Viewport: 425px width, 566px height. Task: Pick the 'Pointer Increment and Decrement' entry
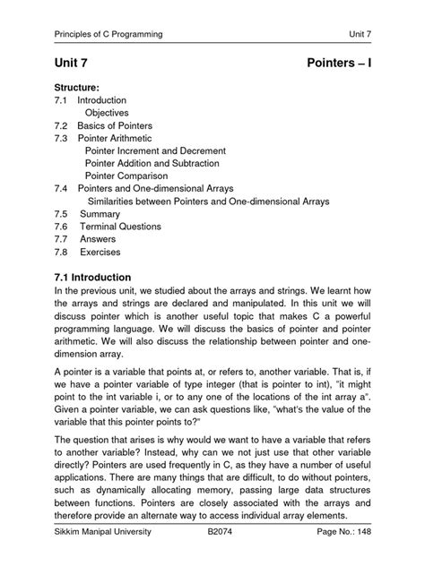click(155, 151)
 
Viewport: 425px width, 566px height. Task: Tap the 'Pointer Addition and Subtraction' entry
click(156, 164)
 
